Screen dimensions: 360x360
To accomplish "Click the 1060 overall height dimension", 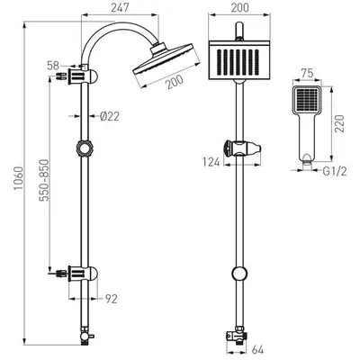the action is (19, 178).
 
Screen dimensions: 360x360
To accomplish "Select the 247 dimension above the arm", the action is (120, 8).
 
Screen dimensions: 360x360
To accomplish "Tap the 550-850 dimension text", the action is (44, 180).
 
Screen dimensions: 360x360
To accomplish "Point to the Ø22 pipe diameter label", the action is (110, 116).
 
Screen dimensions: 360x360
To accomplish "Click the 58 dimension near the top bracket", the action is (53, 66).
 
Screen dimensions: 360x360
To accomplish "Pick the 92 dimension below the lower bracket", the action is (112, 299).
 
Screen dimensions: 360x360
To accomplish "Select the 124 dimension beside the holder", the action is (211, 162).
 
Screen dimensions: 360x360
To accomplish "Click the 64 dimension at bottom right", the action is (257, 350).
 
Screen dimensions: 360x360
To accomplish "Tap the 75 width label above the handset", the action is (307, 73).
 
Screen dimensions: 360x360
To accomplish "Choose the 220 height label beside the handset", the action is (340, 123).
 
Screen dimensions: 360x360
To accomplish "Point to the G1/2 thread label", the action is (335, 172).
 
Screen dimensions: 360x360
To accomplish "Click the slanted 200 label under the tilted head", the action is (175, 82).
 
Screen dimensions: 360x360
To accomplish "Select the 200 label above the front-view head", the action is (239, 8).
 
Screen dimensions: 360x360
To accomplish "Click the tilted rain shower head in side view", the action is (166, 65).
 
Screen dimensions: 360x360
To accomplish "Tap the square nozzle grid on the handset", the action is (307, 99).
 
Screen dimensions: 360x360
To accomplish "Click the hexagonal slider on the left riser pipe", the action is (85, 148).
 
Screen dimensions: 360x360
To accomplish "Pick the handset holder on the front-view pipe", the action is (242, 148).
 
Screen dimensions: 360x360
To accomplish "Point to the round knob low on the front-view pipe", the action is (240, 274).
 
